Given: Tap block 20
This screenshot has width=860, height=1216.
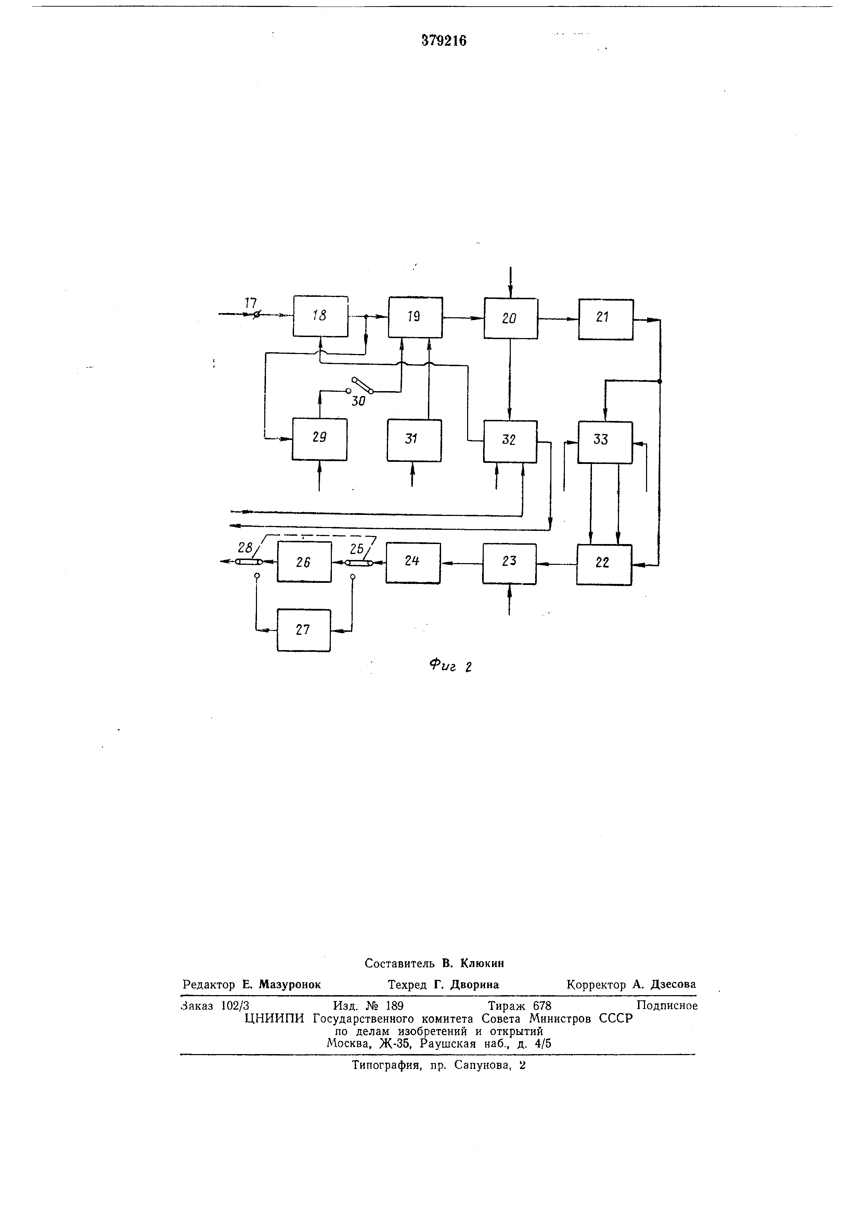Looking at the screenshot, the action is click(510, 318).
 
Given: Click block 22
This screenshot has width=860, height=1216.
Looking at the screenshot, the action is click(604, 564).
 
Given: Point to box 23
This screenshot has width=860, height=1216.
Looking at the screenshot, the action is click(509, 563).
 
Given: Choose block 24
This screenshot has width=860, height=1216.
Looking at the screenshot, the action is click(413, 563).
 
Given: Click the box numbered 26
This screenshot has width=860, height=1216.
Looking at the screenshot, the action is click(304, 562).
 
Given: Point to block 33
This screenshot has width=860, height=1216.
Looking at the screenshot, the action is click(605, 442).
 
